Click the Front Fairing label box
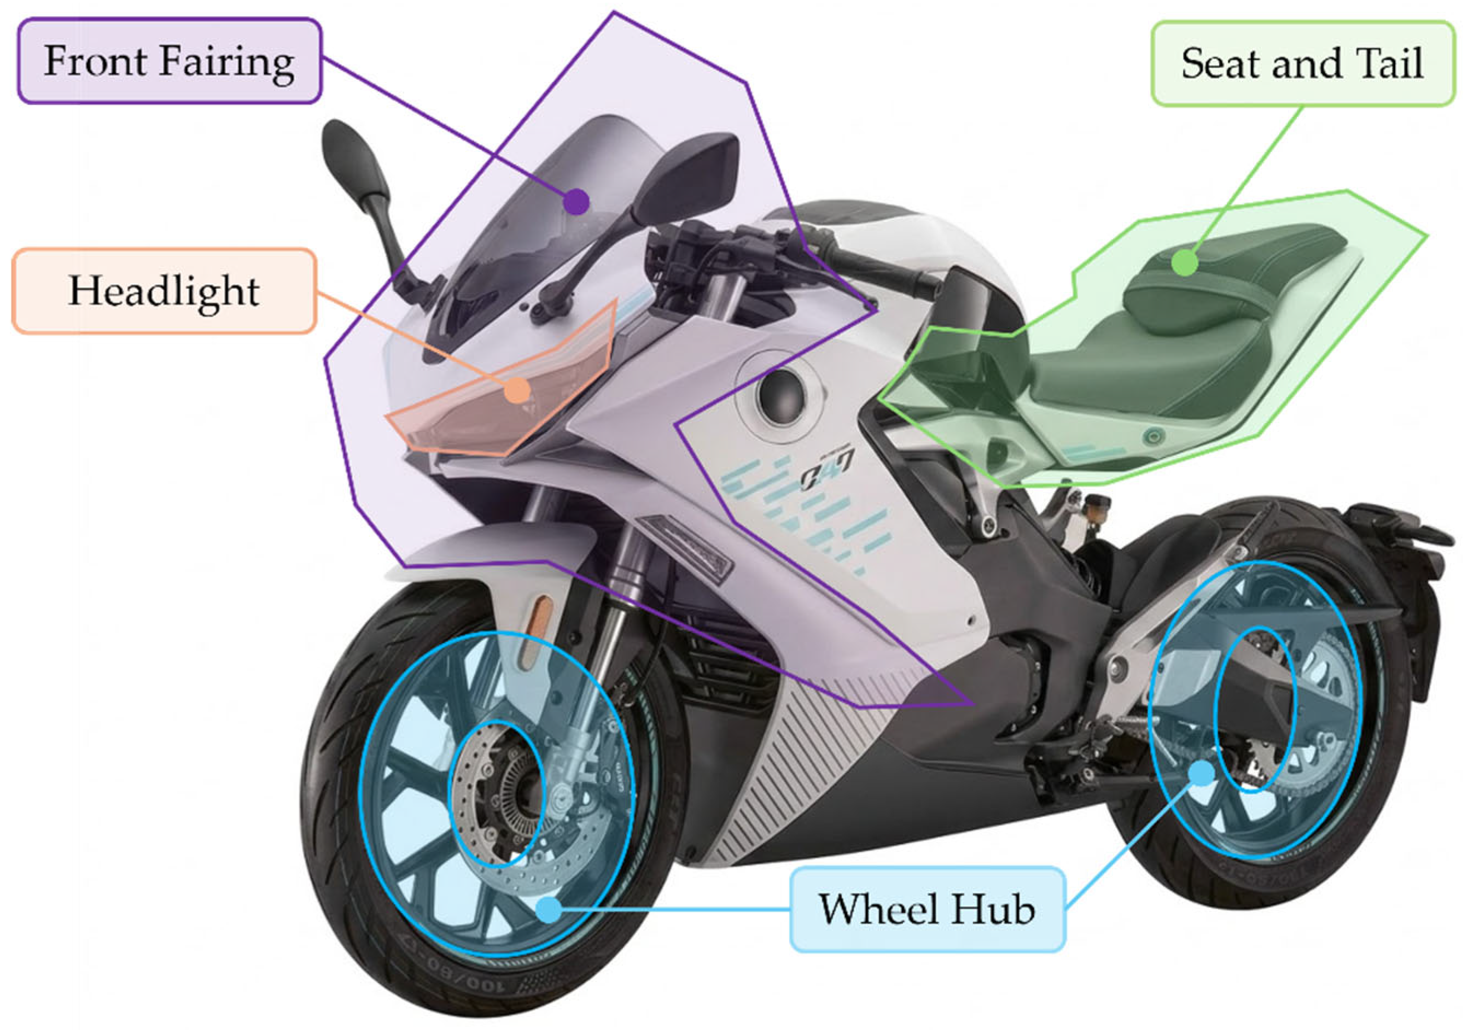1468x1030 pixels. (x=170, y=61)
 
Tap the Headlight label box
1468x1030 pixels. (x=164, y=291)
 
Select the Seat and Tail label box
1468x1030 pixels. (x=1302, y=63)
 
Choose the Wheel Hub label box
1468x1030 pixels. (x=928, y=909)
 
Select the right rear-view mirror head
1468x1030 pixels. (x=688, y=175)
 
